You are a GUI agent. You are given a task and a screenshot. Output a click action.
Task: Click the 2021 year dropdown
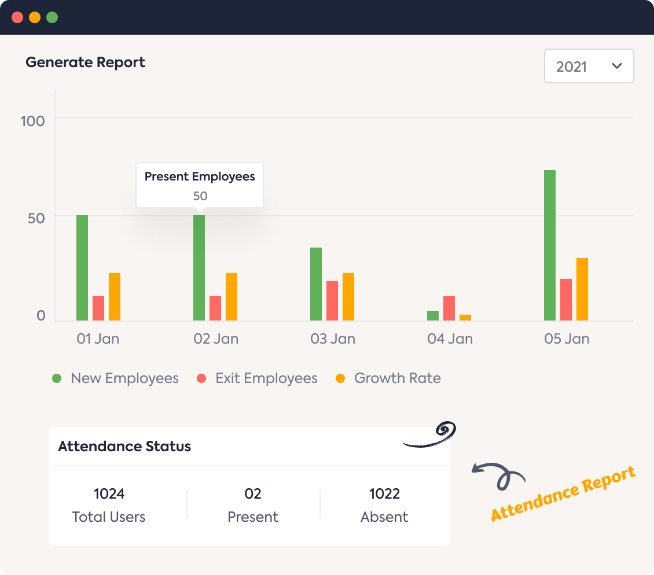point(589,67)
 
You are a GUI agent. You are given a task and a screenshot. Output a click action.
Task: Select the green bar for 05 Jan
point(549,245)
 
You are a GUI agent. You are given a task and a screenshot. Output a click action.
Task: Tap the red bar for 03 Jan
point(332,301)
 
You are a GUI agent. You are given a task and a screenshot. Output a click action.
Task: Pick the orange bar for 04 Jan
point(465,318)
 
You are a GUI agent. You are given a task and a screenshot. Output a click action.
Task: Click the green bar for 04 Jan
point(432,316)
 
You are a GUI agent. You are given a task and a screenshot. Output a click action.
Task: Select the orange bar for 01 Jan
point(115,297)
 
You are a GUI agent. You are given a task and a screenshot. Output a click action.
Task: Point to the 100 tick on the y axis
point(32,121)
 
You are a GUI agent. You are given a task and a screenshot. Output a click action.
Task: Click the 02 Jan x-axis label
point(216,339)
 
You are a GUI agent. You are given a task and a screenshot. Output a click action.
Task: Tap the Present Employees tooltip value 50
point(200,196)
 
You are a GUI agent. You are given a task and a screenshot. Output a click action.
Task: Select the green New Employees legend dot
point(57,378)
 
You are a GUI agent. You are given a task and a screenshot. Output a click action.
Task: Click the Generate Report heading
point(85,62)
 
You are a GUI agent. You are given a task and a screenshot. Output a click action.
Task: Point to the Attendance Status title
point(124,447)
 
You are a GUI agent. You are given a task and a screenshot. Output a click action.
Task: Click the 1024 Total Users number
point(109,494)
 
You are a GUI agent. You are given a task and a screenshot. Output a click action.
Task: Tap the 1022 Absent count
point(384,494)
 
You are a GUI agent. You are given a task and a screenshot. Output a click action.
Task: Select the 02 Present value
point(253,494)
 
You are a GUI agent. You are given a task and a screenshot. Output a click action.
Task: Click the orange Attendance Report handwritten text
point(563,493)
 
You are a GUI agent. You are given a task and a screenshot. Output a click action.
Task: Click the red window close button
point(17,17)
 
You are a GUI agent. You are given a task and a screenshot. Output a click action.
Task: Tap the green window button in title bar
point(52,17)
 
